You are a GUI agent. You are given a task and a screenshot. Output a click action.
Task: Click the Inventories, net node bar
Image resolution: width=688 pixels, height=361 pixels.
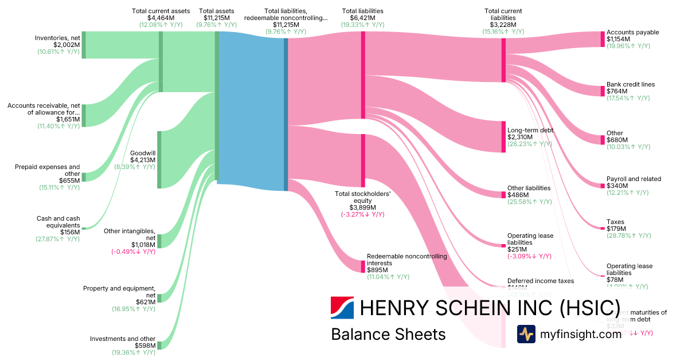pyautogui.click(x=84, y=45)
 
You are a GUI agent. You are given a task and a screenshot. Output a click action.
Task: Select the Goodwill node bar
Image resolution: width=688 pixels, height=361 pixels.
pyautogui.click(x=159, y=159)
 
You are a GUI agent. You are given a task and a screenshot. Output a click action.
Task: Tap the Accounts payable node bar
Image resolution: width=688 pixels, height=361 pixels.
pyautogui.click(x=603, y=39)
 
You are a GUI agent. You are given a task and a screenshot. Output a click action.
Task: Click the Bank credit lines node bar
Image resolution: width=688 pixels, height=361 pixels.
pyautogui.click(x=603, y=91)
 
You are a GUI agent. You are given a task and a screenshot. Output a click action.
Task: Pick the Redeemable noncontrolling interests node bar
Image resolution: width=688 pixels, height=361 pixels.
pyautogui.click(x=363, y=266)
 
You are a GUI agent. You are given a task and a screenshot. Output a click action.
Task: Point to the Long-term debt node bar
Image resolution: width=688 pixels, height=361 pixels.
pyautogui.click(x=503, y=136)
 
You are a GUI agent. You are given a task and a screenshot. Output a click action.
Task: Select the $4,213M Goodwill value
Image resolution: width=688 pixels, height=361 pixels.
pyautogui.click(x=142, y=160)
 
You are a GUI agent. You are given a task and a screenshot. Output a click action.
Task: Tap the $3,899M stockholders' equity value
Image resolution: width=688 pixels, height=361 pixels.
pyautogui.click(x=363, y=207)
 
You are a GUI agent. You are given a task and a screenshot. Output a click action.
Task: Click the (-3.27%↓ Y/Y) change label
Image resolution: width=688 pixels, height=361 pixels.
pyautogui.click(x=363, y=214)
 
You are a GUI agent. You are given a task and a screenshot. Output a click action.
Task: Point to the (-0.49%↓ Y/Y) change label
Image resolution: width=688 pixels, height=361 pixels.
pyautogui.click(x=133, y=252)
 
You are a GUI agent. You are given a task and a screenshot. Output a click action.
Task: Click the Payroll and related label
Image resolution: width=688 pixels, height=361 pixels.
pyautogui.click(x=634, y=179)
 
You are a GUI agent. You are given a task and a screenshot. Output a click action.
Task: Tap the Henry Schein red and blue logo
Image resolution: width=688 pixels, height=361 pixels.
pyautogui.click(x=342, y=308)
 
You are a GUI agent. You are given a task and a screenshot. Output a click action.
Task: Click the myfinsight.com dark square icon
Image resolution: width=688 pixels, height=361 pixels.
pyautogui.click(x=526, y=334)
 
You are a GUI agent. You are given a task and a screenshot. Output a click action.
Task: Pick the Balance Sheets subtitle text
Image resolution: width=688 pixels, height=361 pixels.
pyautogui.click(x=388, y=334)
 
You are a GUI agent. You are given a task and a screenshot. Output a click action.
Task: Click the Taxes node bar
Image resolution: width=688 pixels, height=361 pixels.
pyautogui.click(x=603, y=229)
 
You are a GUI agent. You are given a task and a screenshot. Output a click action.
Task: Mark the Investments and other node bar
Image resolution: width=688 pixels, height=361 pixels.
pyautogui.click(x=159, y=345)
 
